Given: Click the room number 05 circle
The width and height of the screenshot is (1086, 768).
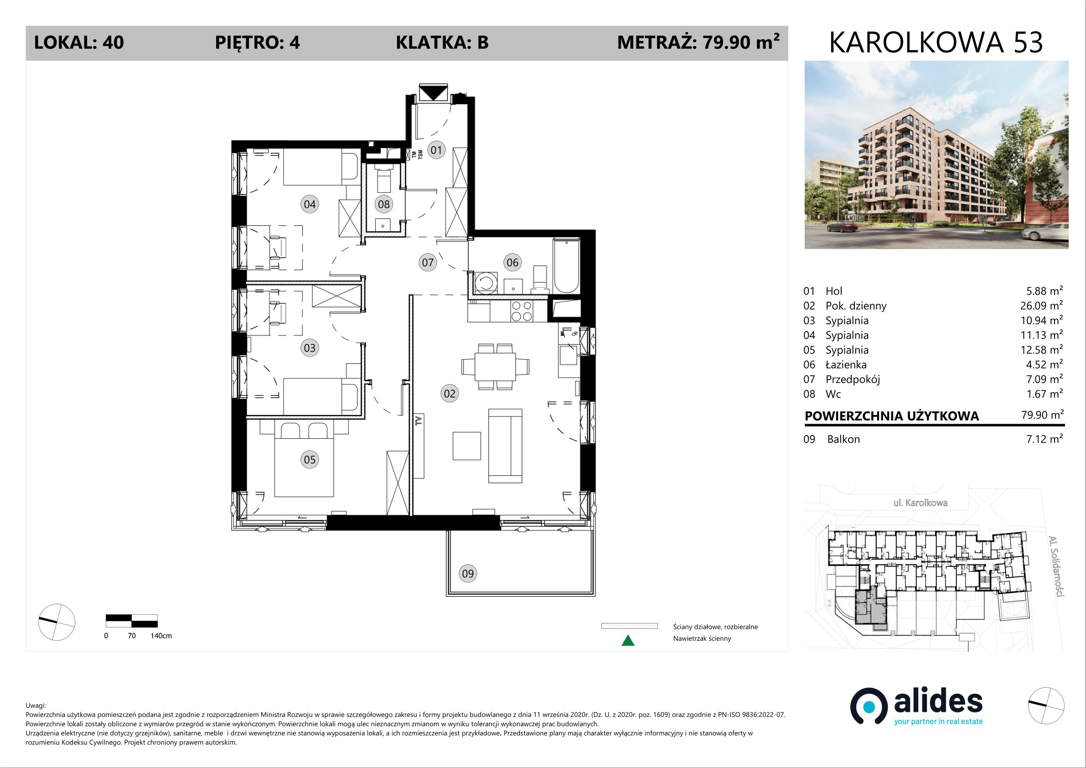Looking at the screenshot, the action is [310, 459].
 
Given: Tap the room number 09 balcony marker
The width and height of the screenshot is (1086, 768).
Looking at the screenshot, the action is [468, 574].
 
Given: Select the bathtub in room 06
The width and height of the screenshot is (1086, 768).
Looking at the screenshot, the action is [566, 266].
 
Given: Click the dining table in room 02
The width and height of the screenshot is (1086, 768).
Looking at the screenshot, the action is [495, 366].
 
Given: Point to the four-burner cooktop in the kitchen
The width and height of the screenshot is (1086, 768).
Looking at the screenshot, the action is [522, 311].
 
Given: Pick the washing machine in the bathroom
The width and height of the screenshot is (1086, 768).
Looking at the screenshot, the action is [485, 283].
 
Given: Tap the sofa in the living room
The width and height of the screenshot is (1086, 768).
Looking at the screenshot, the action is [505, 446].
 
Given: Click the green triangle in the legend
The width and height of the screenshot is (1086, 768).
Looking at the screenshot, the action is [628, 641].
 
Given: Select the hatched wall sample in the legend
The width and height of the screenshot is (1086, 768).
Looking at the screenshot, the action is [629, 626].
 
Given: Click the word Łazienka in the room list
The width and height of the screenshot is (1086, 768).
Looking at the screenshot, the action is [846, 364].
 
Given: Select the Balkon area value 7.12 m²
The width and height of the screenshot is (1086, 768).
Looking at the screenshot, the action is [1045, 439].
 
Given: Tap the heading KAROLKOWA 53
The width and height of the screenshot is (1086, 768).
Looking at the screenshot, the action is [936, 42].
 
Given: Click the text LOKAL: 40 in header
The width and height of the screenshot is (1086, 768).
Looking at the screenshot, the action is [79, 42].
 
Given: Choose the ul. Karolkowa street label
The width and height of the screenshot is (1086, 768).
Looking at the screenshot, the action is [920, 503].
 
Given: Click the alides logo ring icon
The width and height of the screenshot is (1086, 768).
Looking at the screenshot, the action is [869, 706].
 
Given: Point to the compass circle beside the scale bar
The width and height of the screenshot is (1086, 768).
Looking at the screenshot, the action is [57, 622].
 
